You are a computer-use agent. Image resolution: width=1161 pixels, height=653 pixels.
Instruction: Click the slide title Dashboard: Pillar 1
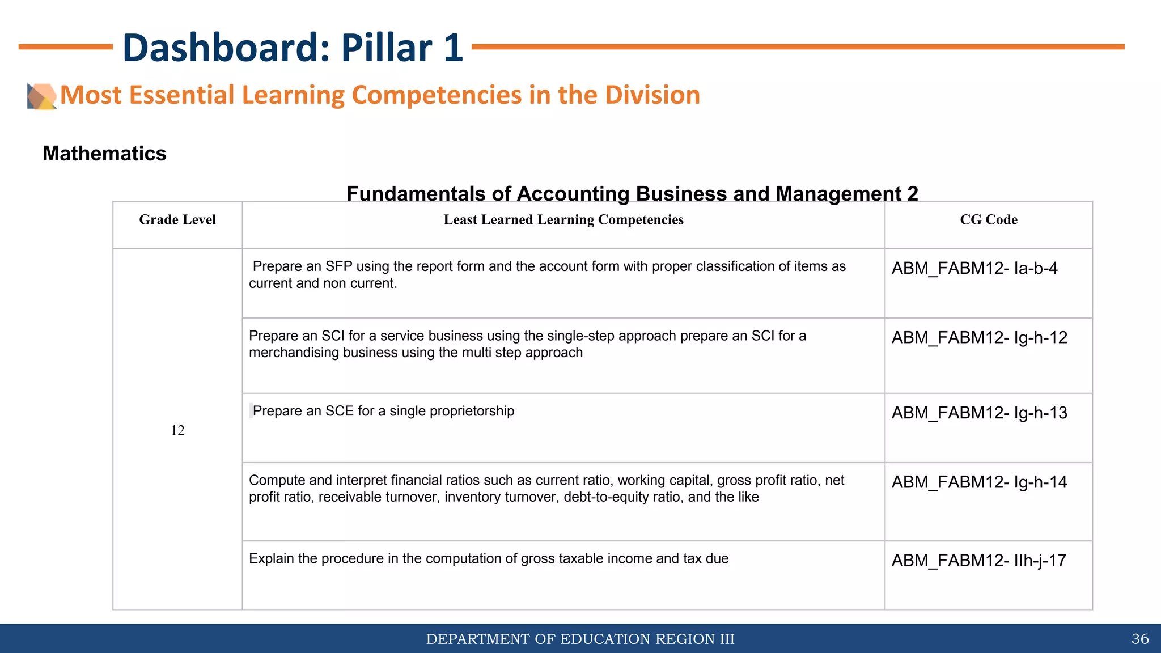tap(293, 48)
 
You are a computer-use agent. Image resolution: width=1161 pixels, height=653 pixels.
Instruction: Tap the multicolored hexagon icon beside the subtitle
tap(42, 96)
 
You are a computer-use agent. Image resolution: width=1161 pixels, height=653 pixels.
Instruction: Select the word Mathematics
tap(104, 154)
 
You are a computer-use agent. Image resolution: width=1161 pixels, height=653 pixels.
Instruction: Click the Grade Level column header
tap(177, 220)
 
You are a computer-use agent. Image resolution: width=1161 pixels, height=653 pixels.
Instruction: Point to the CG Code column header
tap(988, 220)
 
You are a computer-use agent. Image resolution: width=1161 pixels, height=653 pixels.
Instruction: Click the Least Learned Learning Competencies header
tap(563, 220)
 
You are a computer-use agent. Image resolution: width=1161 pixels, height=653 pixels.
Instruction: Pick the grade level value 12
tap(177, 430)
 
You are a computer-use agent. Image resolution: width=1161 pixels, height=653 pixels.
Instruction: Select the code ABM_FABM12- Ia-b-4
tap(974, 268)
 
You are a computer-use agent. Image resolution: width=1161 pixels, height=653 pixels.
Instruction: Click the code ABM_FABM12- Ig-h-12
tap(979, 338)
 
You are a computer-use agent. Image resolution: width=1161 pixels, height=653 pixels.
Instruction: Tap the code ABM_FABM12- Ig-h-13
tap(979, 413)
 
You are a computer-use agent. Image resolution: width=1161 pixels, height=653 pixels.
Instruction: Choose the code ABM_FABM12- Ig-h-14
tap(979, 482)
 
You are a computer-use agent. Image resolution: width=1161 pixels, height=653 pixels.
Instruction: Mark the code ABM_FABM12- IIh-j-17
tap(978, 561)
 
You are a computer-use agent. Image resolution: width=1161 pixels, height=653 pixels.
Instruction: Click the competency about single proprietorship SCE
tap(383, 411)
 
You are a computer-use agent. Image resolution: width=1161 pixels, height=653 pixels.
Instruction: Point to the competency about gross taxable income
tap(488, 559)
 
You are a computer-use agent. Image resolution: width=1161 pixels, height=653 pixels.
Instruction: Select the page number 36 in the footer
tap(1139, 639)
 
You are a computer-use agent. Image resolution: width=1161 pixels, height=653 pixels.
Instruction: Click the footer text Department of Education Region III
tap(580, 639)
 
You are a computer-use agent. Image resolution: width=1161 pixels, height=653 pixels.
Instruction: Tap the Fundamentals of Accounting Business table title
tap(632, 193)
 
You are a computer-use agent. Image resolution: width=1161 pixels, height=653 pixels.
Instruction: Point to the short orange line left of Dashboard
tap(65, 47)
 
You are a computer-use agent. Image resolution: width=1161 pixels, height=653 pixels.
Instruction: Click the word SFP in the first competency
tap(338, 266)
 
